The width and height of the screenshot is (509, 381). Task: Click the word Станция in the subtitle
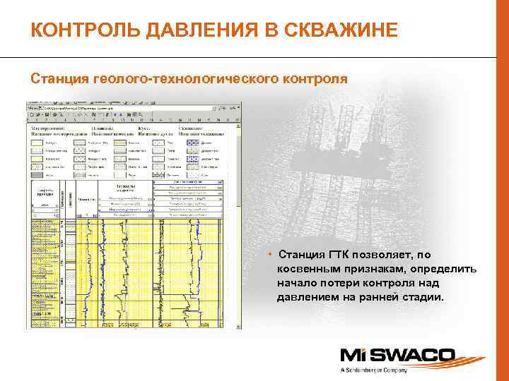tap(59, 78)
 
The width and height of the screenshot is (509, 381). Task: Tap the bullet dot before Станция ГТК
tap(270, 254)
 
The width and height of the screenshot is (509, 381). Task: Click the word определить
tap(446, 269)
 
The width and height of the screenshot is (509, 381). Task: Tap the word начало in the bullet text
tap(298, 283)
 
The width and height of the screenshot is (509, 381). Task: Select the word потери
tap(344, 283)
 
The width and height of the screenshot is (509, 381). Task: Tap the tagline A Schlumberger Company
tap(374, 370)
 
